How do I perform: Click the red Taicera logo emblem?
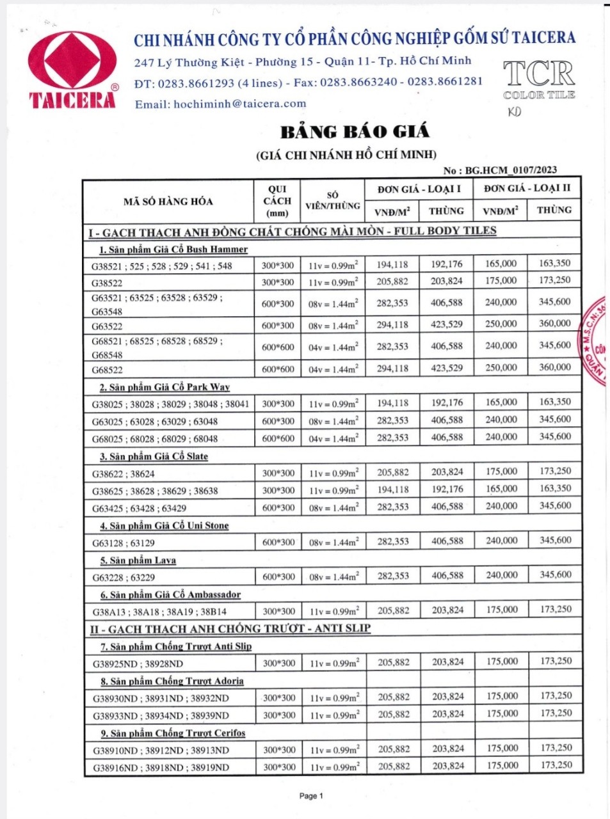[x=72, y=62]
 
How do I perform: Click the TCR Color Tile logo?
[x=539, y=79]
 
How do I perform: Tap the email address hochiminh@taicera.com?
[x=220, y=104]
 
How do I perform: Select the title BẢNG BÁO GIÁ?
[x=355, y=132]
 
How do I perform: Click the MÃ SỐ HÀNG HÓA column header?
[x=168, y=202]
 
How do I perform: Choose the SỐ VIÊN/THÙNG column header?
[x=332, y=201]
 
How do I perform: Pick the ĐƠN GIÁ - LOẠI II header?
[x=527, y=188]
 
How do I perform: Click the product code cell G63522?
[x=107, y=326]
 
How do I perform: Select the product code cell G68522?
[x=107, y=370]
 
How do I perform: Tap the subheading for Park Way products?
[x=165, y=387]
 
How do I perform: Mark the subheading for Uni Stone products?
[x=164, y=525]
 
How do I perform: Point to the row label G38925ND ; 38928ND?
[x=138, y=664]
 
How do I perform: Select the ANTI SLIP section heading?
[x=230, y=628]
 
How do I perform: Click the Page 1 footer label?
[x=311, y=796]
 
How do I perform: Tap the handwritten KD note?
[x=514, y=112]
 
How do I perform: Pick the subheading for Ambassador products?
[x=170, y=594]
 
